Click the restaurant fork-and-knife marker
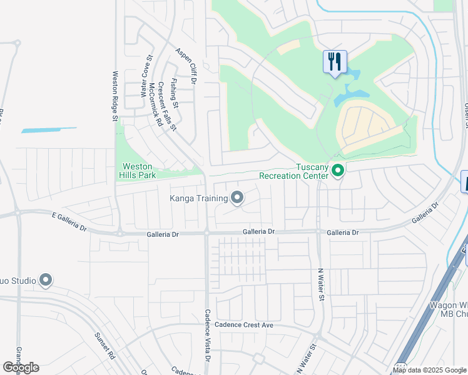(x=335, y=62)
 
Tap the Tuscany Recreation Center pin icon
(x=338, y=170)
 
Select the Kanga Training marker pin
(x=237, y=198)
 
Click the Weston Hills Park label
(x=137, y=171)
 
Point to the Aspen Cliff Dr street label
(x=186, y=67)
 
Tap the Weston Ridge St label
(x=114, y=91)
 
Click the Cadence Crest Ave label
(x=244, y=325)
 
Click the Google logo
(x=21, y=367)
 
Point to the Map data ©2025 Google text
(x=429, y=370)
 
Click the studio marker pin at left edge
(x=46, y=281)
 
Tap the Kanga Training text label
(x=198, y=199)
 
